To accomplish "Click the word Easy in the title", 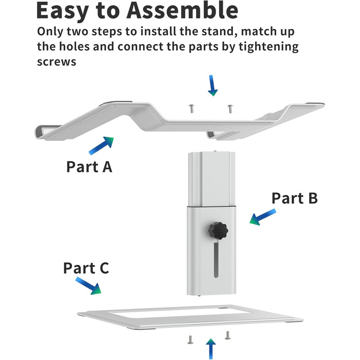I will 66,11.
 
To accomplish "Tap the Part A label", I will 89,167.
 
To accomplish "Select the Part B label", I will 294,198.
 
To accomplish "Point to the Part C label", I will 86,268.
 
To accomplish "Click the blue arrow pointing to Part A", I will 101,146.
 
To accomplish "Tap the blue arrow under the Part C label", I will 88,286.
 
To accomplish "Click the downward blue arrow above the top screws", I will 212,85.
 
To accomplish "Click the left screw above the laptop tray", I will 191,108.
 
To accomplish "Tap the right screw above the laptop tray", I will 229,109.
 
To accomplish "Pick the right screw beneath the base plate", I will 227,336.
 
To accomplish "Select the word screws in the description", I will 57,62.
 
